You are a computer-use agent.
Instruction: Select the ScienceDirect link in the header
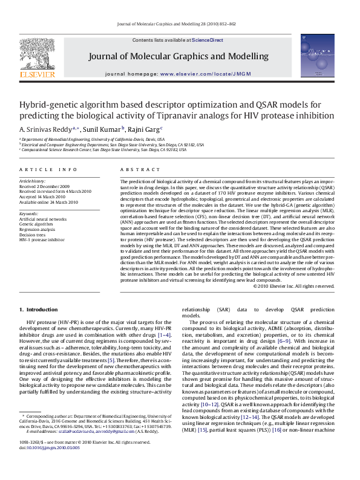[208, 40]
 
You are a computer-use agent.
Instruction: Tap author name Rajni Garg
[146, 129]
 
